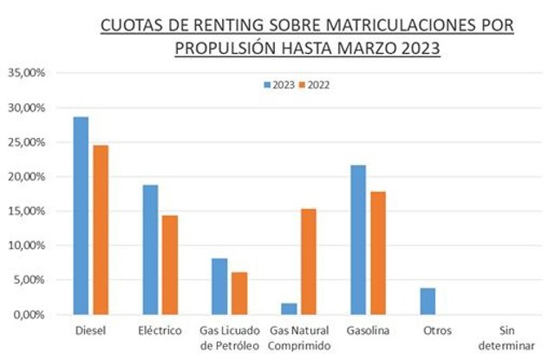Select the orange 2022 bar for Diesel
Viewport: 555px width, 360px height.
pyautogui.click(x=101, y=230)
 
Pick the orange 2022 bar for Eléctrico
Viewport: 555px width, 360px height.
pyautogui.click(x=170, y=265)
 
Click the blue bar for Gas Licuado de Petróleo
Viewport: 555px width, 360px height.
pyautogui.click(x=219, y=286)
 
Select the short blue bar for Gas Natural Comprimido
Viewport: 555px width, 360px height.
pyautogui.click(x=290, y=309)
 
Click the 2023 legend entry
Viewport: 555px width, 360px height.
pyautogui.click(x=278, y=85)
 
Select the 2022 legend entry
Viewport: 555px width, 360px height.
pyautogui.click(x=314, y=85)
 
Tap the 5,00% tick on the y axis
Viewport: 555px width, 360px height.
pyautogui.click(x=29, y=280)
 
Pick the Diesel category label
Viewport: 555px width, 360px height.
pyautogui.click(x=90, y=331)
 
